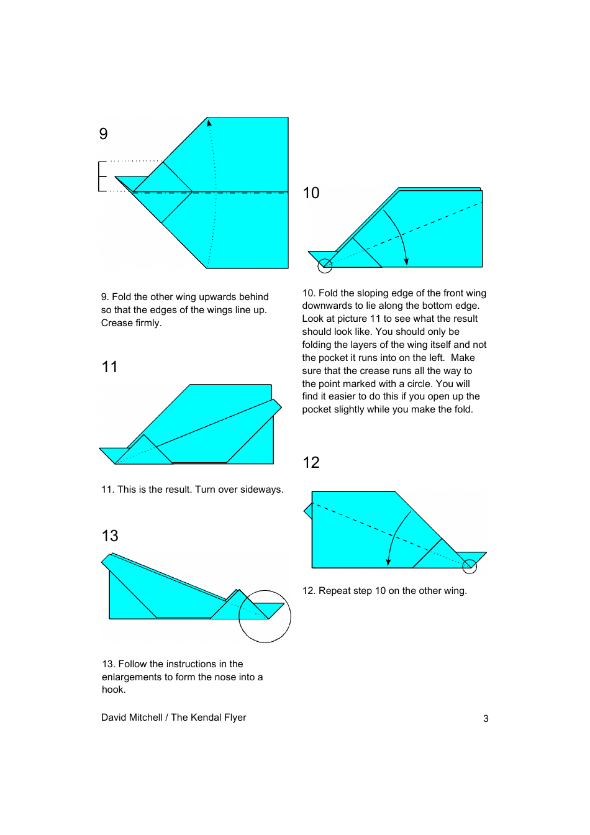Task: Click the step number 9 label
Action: tap(104, 134)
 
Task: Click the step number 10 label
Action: tap(311, 193)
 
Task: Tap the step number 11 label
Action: tap(110, 367)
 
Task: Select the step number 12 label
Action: tap(311, 463)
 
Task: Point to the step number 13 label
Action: tap(110, 536)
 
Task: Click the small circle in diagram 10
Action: tap(325, 267)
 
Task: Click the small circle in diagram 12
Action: tap(470, 566)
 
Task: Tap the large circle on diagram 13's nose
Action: tap(265, 616)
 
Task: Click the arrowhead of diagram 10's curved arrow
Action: tap(406, 262)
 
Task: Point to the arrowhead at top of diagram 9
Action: tap(209, 123)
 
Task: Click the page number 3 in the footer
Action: tap(486, 719)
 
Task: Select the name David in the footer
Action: tap(114, 718)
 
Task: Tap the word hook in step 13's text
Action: tap(112, 690)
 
